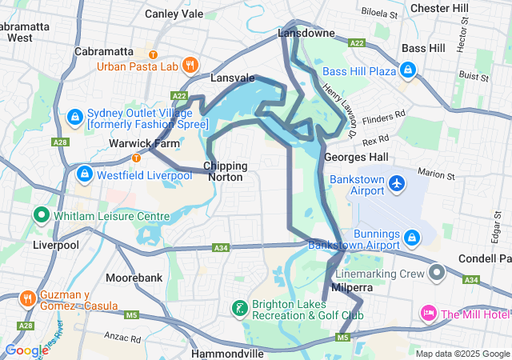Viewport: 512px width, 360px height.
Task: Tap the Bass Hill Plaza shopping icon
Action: click(x=409, y=71)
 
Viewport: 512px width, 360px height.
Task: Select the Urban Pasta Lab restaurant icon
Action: click(x=190, y=66)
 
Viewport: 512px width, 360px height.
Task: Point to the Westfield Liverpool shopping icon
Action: click(x=84, y=174)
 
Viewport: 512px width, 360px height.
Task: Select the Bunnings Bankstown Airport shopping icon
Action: click(x=412, y=238)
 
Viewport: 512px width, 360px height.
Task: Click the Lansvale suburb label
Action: click(x=232, y=78)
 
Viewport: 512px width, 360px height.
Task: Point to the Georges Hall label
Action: click(x=356, y=158)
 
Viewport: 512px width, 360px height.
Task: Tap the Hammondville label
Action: click(x=228, y=353)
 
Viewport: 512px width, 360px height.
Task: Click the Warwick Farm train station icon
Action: click(x=137, y=157)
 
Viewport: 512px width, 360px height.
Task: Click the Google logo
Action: click(x=26, y=350)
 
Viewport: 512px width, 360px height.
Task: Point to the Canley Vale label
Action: click(x=174, y=14)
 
